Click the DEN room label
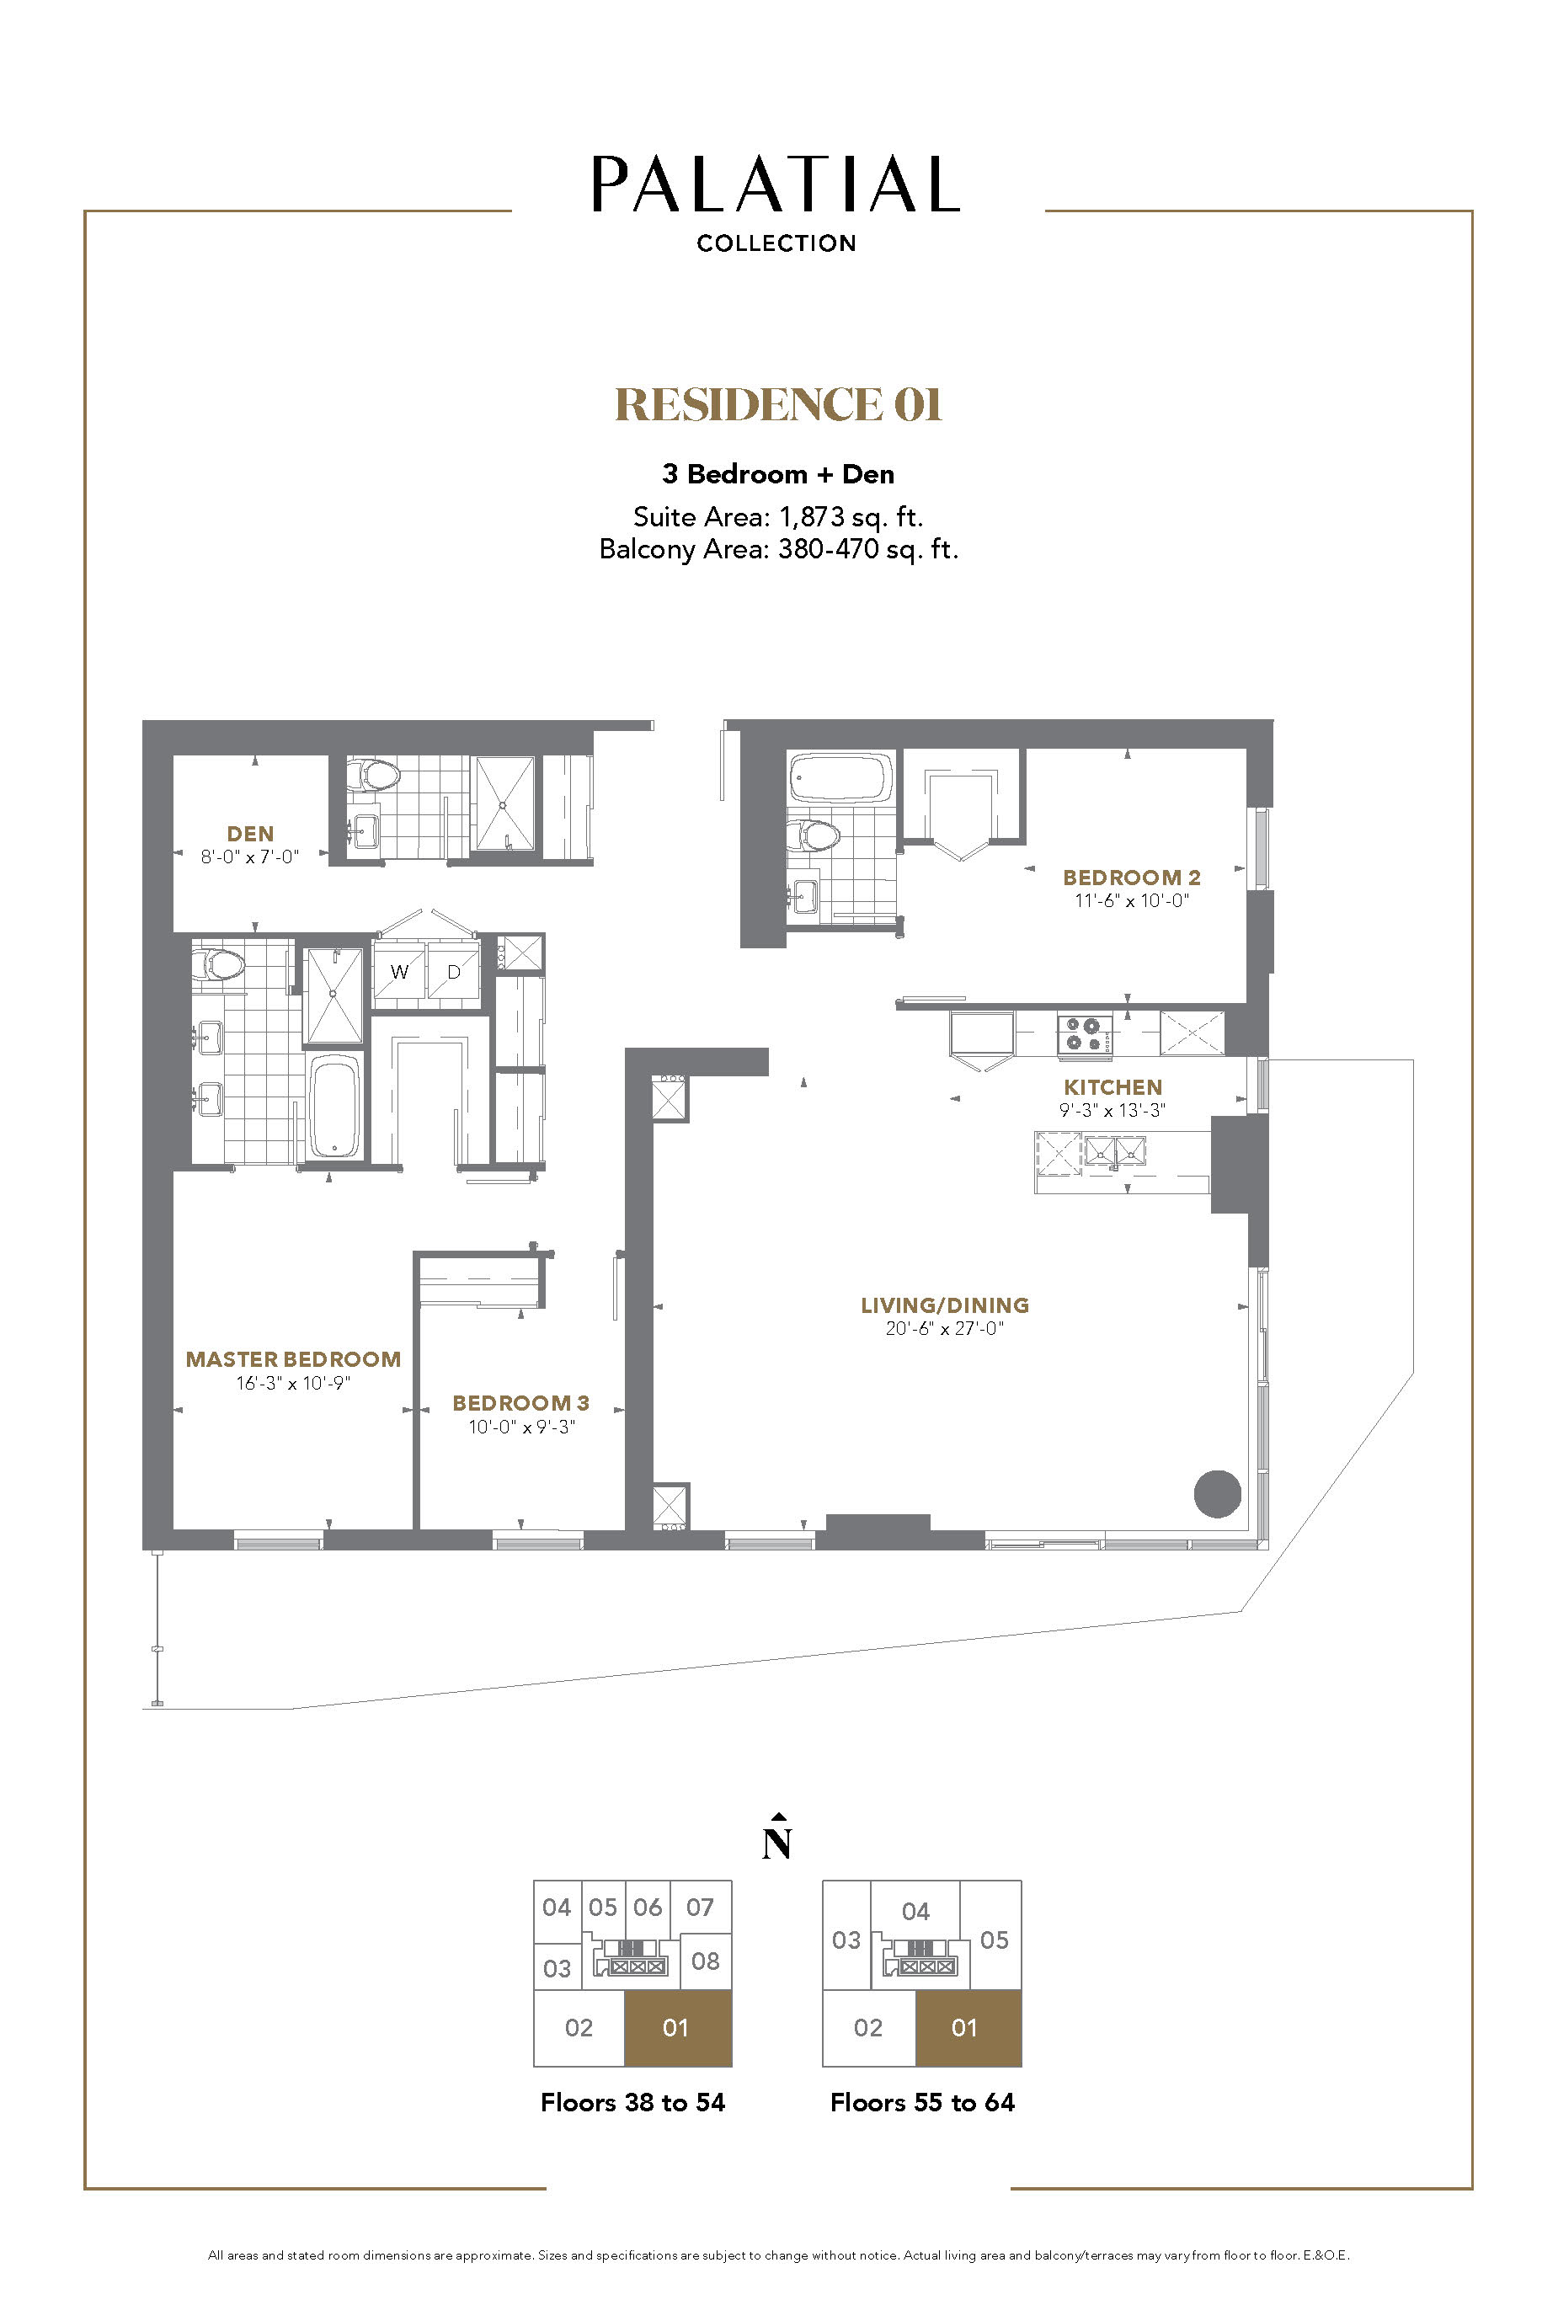point(249,834)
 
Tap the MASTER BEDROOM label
point(293,1359)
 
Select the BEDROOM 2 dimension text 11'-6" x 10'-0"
point(1132,901)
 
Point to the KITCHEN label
point(1112,1087)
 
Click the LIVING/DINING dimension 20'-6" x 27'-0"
point(945,1328)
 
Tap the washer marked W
point(399,972)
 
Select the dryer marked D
point(454,972)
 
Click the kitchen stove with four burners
point(1084,1033)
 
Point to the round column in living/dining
point(1217,1493)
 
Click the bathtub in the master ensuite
point(333,1106)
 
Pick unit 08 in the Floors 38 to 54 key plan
point(706,1961)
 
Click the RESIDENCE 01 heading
point(778,404)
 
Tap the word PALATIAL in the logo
point(776,184)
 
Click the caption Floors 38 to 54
point(633,2101)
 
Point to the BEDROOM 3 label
point(520,1403)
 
